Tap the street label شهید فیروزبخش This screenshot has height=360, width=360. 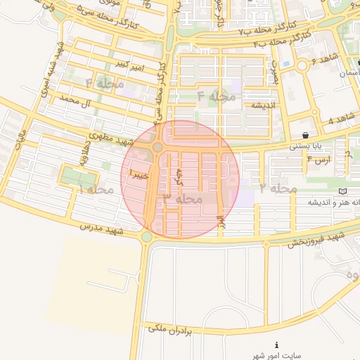(315, 238)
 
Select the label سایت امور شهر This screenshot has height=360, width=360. (276, 356)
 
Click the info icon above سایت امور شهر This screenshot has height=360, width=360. (277, 345)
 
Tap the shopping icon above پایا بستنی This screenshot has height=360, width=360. (304, 135)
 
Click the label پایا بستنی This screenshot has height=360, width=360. (305, 147)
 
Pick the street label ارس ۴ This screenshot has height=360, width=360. (319, 161)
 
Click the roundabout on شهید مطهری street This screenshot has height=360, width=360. (157, 147)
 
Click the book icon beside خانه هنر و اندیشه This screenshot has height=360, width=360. (342, 191)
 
